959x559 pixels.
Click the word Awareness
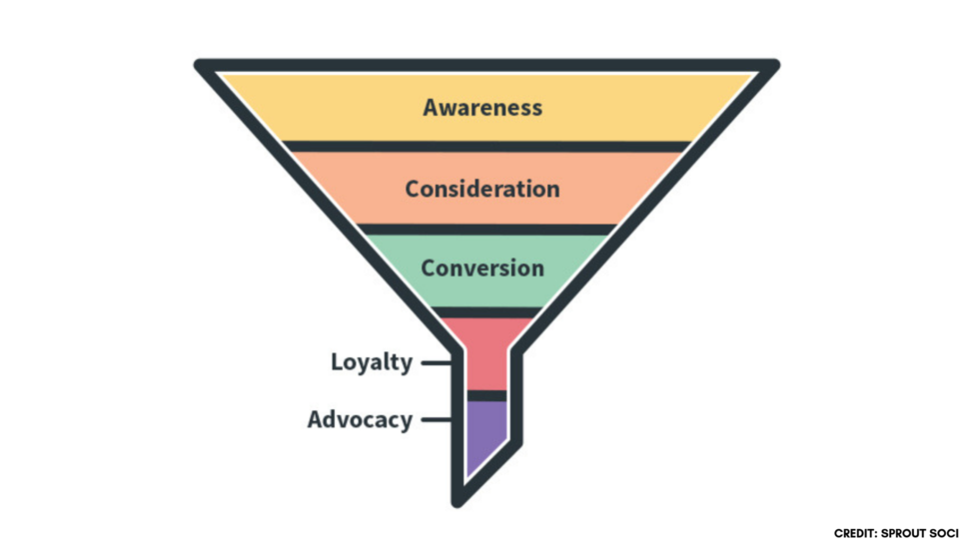[x=482, y=107]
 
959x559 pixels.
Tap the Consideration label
[x=482, y=189]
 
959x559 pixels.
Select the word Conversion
[x=482, y=269]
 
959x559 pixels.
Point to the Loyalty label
[x=372, y=362]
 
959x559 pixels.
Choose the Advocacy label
[x=360, y=419]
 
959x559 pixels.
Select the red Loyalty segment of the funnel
[x=486, y=354]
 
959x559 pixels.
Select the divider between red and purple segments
[x=486, y=396]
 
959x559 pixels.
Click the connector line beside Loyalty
[x=436, y=363]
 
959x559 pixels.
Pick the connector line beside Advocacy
[x=436, y=420]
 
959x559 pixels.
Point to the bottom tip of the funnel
[x=459, y=499]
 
